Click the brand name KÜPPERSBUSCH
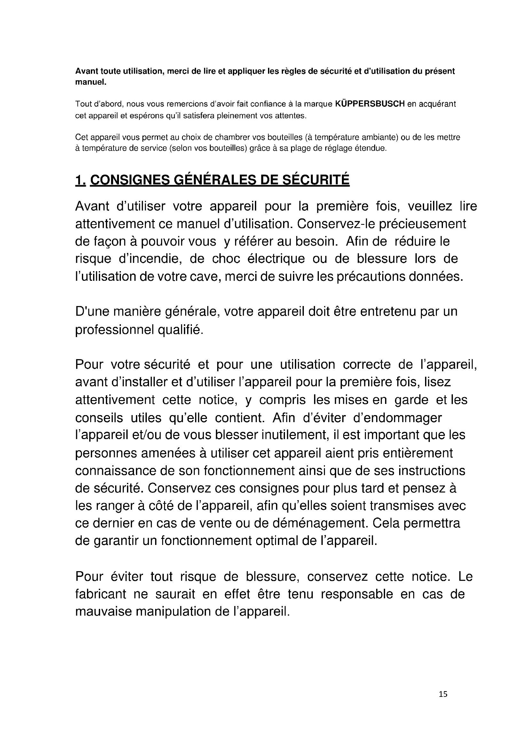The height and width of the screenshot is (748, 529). pyautogui.click(x=370, y=104)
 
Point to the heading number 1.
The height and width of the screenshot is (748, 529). pyautogui.click(x=80, y=180)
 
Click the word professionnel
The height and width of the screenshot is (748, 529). pyautogui.click(x=115, y=330)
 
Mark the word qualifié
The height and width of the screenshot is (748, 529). pyautogui.click(x=181, y=330)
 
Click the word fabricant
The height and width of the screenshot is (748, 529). pyautogui.click(x=101, y=594)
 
